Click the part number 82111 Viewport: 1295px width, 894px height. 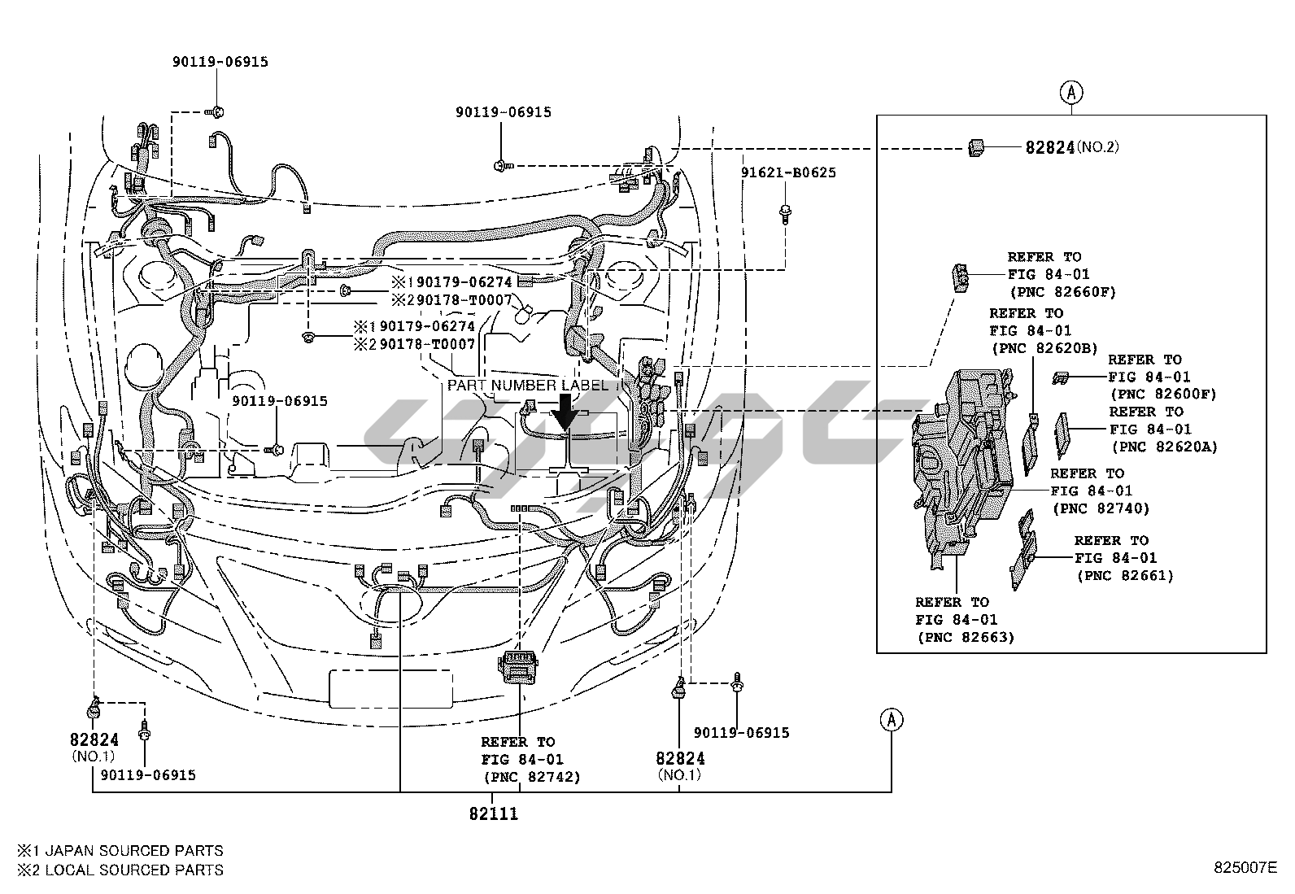[x=493, y=813]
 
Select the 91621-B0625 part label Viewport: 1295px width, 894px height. [x=787, y=172]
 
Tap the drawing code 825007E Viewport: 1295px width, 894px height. [x=1245, y=868]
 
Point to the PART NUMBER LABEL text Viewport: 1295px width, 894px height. [x=527, y=385]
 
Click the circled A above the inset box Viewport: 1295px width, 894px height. [x=1071, y=93]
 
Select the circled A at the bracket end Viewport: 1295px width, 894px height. [x=892, y=719]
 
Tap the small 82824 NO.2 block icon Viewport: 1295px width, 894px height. [x=976, y=146]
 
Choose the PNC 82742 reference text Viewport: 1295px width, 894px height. [x=530, y=776]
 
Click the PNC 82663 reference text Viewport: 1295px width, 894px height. [x=965, y=637]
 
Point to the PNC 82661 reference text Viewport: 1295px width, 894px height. [x=1125, y=575]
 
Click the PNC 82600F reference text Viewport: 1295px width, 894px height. [x=1162, y=394]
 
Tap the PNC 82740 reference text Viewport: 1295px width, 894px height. [x=1101, y=508]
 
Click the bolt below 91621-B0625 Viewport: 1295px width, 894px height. [x=786, y=212]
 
